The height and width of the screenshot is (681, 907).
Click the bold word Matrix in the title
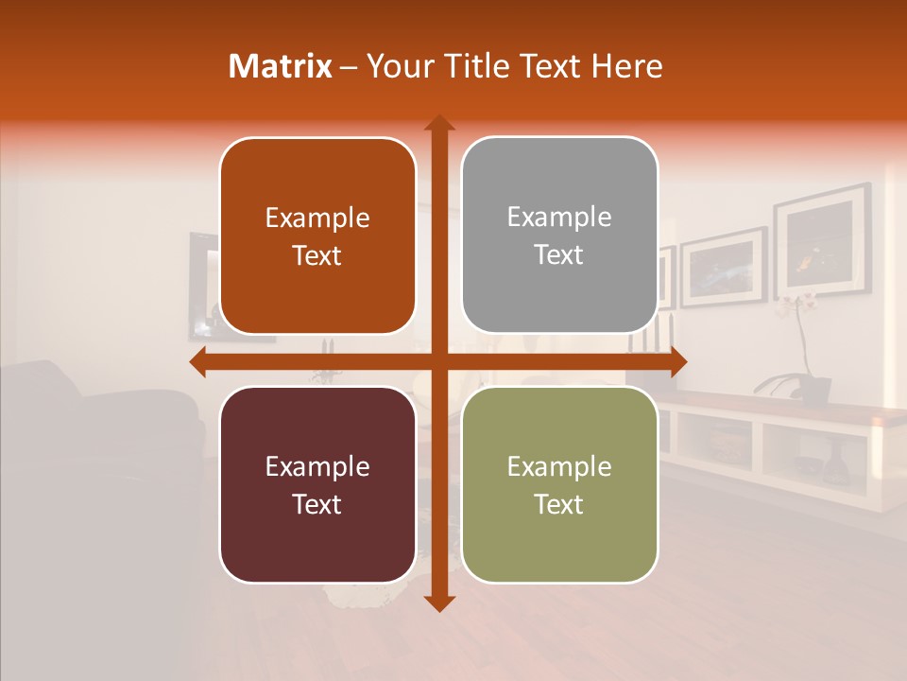(281, 66)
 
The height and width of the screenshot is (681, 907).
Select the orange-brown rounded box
(317, 236)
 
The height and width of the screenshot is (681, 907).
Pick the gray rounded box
(559, 236)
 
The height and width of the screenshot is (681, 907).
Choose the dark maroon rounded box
(317, 484)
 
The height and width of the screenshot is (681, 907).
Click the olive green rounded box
(559, 484)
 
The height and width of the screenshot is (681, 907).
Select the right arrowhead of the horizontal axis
(677, 361)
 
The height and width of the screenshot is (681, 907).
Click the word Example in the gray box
(559, 217)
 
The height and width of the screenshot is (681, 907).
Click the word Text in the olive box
(559, 504)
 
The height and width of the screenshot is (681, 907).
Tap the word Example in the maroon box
(317, 466)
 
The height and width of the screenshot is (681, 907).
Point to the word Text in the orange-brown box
(317, 256)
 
